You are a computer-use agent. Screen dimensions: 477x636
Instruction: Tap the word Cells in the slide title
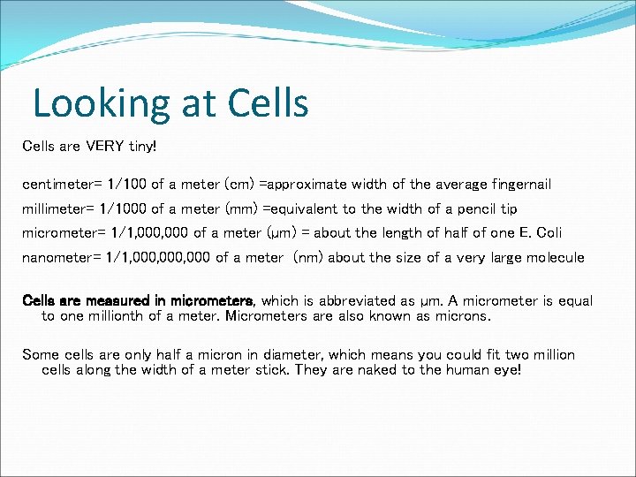coord(269,102)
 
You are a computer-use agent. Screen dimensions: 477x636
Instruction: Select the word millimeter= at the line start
coord(59,208)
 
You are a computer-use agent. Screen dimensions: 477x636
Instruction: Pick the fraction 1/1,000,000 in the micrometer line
coord(146,233)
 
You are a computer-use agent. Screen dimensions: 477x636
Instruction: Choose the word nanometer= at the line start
coord(59,258)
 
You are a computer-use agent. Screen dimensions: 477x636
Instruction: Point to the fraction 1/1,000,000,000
coord(160,258)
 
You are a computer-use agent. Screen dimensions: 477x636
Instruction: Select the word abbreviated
coord(363,301)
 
